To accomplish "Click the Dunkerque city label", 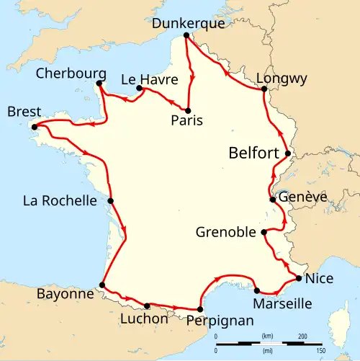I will pos(189,23).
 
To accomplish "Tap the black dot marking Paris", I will pos(189,110).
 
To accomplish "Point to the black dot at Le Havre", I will pos(138,89).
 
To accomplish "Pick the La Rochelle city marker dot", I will pos(111,201).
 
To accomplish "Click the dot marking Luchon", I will pos(147,306).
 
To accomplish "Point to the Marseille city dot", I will pos(257,290).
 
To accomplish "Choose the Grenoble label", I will pos(226,232).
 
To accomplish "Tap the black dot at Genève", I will pos(271,200).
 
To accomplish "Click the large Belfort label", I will pos(253,153).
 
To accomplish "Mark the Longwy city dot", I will pos(264,89).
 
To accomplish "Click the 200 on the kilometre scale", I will pos(302,337).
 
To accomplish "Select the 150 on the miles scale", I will pos(320,349).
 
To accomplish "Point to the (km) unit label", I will pos(267,337).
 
